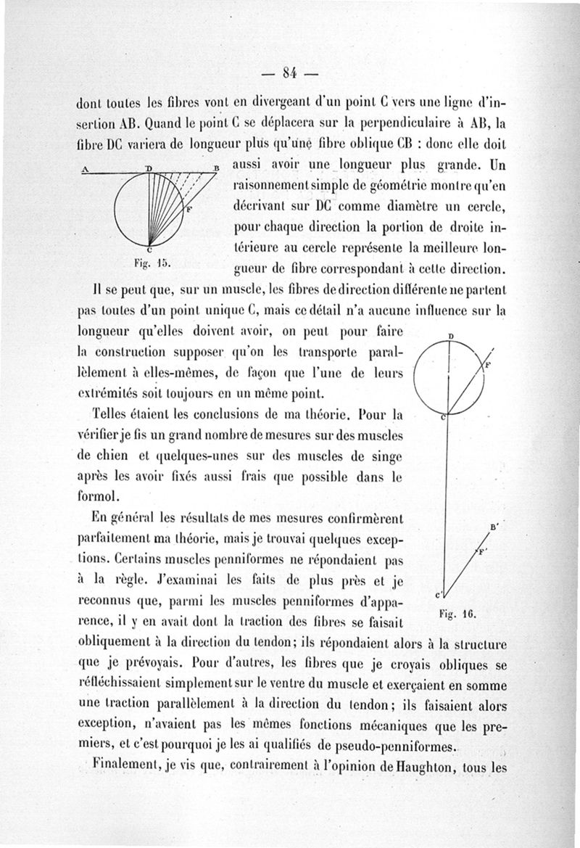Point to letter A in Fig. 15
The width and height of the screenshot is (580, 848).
pyautogui.click(x=85, y=168)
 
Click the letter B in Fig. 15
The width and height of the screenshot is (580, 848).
pyautogui.click(x=215, y=168)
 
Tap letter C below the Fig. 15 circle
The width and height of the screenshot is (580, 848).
pyautogui.click(x=149, y=250)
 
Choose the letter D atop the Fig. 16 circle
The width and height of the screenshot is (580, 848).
pyautogui.click(x=450, y=337)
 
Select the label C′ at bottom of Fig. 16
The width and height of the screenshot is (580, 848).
pyautogui.click(x=437, y=594)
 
